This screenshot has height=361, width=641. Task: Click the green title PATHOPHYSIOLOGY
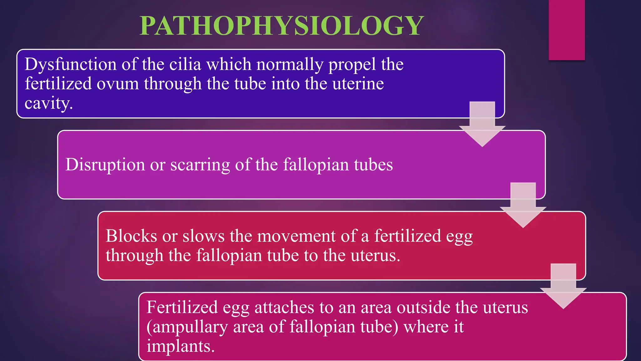pyautogui.click(x=282, y=26)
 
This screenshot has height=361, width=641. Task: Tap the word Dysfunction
pyautogui.click(x=70, y=65)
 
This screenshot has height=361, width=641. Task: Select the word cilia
pyautogui.click(x=185, y=65)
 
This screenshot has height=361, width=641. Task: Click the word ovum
pyautogui.click(x=118, y=84)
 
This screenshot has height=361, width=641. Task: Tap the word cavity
pyautogui.click(x=49, y=103)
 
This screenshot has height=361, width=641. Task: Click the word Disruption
pyautogui.click(x=105, y=165)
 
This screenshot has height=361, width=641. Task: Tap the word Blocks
pyautogui.click(x=131, y=236)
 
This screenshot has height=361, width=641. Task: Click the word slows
pyautogui.click(x=203, y=236)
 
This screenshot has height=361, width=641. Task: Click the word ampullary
pyautogui.click(x=190, y=327)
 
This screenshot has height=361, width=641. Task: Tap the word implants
pyautogui.click(x=180, y=346)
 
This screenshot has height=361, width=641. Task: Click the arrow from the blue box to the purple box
pyautogui.click(x=482, y=124)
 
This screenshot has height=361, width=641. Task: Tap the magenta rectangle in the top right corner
pyautogui.click(x=567, y=30)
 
